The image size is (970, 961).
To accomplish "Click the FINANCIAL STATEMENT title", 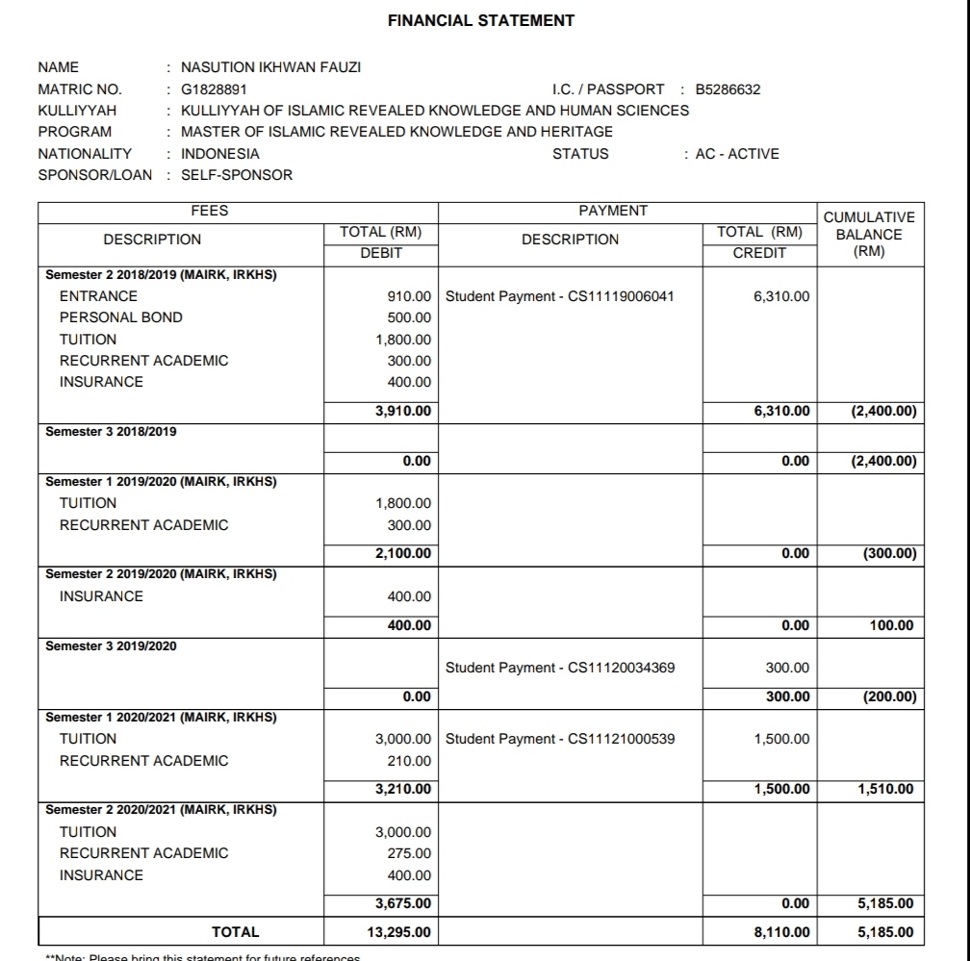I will click(x=481, y=20).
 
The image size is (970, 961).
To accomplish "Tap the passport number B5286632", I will click(x=727, y=89).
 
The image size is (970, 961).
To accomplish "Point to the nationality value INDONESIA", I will click(x=220, y=154).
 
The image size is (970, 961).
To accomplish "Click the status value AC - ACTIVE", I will click(x=737, y=154).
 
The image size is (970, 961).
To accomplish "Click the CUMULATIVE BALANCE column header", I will click(x=869, y=235).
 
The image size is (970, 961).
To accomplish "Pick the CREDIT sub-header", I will click(x=759, y=253).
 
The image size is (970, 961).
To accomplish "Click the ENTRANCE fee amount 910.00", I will click(x=409, y=296).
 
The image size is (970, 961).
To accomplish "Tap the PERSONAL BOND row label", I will click(x=120, y=317).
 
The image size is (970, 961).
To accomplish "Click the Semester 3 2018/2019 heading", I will click(x=112, y=432).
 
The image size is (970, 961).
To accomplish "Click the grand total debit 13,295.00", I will click(x=399, y=932).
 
